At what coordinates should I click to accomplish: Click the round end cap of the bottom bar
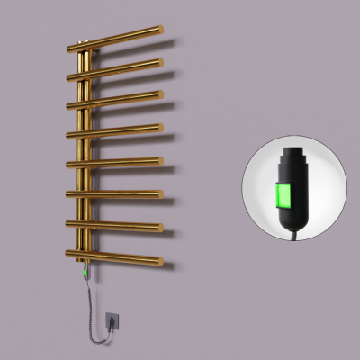[x=160, y=262]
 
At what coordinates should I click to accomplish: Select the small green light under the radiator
[x=84, y=267]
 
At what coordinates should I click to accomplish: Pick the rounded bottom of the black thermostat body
[x=292, y=220]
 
